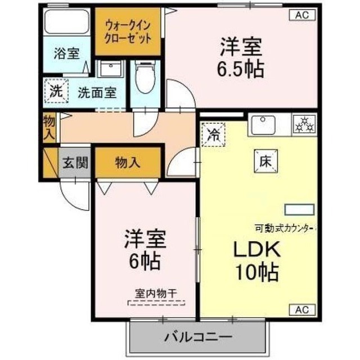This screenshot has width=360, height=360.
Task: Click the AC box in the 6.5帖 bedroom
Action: pos(302,15)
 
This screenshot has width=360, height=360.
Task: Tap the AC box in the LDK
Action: pos(302,310)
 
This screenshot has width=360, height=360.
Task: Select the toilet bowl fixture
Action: pos(145,77)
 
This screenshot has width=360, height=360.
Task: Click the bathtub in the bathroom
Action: pos(67,22)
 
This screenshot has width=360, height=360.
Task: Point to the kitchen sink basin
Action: pos(263,125)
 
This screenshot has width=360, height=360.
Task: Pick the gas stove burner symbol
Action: pos(304,125)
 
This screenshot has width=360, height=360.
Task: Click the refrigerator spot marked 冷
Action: pos(213,134)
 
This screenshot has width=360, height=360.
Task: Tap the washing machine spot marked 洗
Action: pos(56,91)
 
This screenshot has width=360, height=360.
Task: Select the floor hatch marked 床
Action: pos(265,161)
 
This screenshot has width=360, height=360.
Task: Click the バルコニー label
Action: pos(199,337)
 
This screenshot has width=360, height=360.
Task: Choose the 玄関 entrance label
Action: pos(75,163)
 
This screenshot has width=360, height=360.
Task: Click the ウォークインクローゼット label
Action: pos(128,32)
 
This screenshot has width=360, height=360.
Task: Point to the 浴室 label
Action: pos(66,53)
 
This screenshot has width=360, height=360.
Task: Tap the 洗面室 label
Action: pos(97,92)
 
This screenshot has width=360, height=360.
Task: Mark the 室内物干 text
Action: pos(156,293)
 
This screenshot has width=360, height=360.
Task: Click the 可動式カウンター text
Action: pos(285,228)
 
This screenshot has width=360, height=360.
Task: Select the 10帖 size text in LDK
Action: pos(257,272)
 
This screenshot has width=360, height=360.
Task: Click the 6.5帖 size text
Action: pos(240,69)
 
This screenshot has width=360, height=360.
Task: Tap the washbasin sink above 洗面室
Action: pos(111,69)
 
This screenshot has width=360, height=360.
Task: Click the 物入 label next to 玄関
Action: pos(128,163)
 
